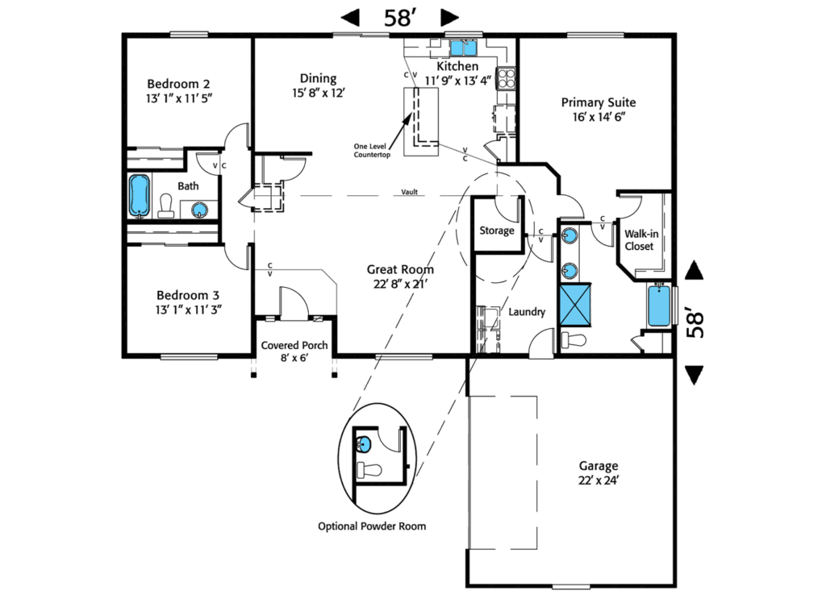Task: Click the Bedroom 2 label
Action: tap(178, 84)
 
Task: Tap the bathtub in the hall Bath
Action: tap(140, 196)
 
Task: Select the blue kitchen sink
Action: tap(463, 47)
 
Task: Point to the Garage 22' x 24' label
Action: tap(599, 466)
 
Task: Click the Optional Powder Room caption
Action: tap(372, 526)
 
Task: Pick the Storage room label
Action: tap(496, 231)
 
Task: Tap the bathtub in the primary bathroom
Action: tap(659, 306)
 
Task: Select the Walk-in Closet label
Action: tap(639, 239)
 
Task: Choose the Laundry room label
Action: tap(527, 312)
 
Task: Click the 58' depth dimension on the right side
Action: tap(694, 322)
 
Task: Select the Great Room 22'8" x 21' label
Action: tap(400, 277)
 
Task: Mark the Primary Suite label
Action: tap(599, 109)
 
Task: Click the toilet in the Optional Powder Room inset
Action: tap(368, 470)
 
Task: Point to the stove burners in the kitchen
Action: tap(507, 78)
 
